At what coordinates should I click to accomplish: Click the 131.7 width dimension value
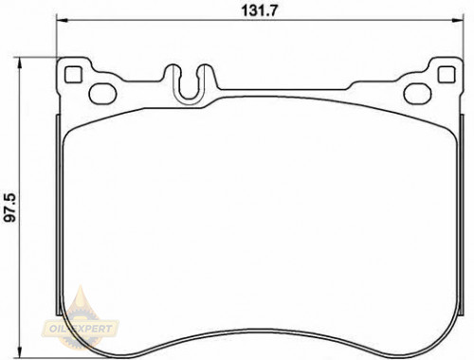[259, 10]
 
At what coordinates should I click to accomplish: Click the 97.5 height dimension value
[9, 208]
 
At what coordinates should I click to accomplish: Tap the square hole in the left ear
[73, 75]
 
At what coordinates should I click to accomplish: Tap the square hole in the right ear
[447, 75]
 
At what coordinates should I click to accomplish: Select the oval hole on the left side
[102, 94]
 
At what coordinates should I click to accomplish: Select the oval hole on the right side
[417, 94]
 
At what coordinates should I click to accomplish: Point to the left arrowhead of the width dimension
[62, 21]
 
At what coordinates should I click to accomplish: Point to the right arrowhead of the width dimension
[457, 21]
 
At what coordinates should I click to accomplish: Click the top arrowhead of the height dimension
[20, 63]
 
